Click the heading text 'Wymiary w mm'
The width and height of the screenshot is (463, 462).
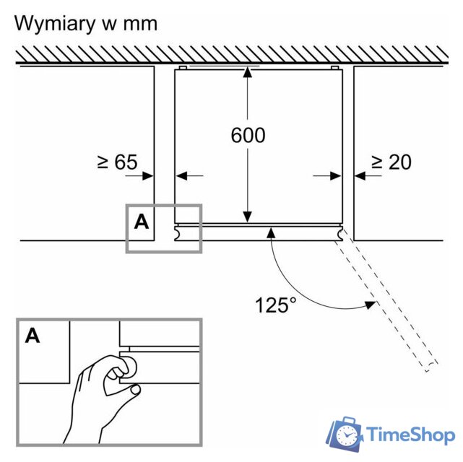point(86,24)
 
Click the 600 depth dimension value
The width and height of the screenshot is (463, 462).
point(248,135)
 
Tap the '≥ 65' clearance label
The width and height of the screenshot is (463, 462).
point(117,162)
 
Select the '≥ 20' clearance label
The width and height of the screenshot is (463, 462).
point(391,162)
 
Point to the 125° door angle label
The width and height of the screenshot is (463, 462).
point(275,305)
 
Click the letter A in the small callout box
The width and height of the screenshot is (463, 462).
point(141,222)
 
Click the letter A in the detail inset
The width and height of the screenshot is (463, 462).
point(33,335)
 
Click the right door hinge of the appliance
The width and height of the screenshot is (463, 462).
point(338,234)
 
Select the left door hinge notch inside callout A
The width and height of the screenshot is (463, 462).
point(178,232)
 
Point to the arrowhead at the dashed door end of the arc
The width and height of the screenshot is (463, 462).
point(370,303)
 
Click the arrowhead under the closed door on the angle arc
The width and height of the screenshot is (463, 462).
point(271,232)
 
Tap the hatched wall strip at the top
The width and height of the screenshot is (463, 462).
point(231,53)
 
